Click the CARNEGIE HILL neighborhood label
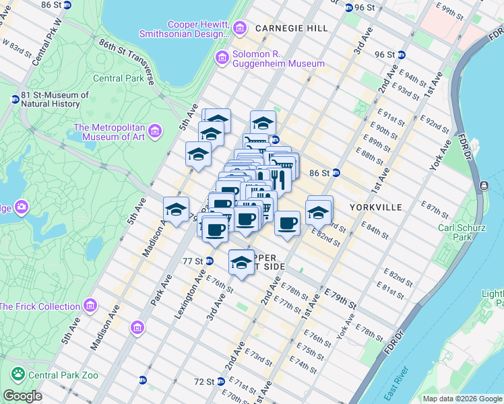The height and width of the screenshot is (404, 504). (291, 28)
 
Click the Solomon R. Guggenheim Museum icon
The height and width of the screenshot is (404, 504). (222, 59)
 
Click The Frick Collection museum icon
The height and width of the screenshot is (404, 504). (90, 307)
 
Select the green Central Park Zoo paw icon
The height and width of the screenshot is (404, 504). (18, 374)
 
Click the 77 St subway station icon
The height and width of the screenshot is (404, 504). (210, 261)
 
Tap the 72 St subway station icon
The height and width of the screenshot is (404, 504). (220, 381)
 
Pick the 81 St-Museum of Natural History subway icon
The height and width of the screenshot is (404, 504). (15, 100)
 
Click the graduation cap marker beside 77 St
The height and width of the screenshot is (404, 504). (241, 263)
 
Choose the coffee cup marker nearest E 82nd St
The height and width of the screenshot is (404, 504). (288, 223)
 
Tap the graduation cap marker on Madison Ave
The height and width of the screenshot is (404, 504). (176, 209)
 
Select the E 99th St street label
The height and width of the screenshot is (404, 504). (451, 11)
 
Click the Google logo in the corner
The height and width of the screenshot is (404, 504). (22, 396)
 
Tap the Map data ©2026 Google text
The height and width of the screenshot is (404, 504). (462, 399)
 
